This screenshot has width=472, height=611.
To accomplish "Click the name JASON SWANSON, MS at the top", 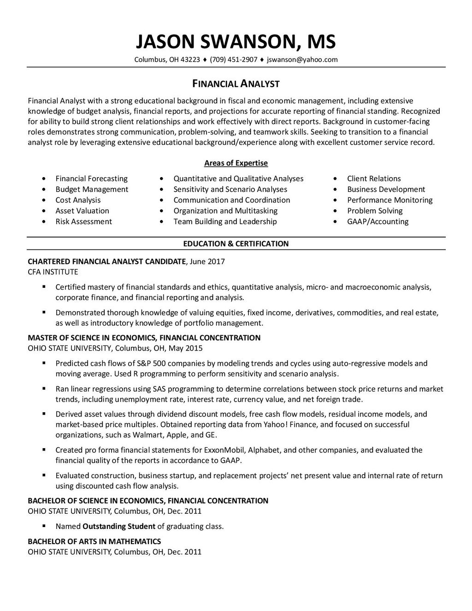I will click(x=236, y=42).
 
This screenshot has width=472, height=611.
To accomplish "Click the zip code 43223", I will click(x=190, y=59).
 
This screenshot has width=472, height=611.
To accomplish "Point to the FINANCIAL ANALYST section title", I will click(x=236, y=83).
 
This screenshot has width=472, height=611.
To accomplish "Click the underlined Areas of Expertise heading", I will click(x=236, y=163).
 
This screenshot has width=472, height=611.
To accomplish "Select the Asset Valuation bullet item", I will click(x=82, y=211).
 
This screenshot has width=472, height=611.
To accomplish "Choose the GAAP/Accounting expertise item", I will click(x=378, y=221).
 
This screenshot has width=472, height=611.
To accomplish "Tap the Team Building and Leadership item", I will click(x=225, y=221).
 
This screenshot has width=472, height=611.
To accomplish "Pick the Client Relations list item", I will click(x=374, y=178).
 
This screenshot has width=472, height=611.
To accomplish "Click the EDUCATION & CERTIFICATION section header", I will click(x=236, y=243).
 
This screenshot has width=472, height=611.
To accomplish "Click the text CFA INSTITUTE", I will click(x=53, y=272).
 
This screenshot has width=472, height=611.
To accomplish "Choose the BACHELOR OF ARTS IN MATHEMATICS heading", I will click(x=94, y=541).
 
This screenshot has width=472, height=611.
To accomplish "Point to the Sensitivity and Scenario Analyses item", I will click(x=230, y=189).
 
